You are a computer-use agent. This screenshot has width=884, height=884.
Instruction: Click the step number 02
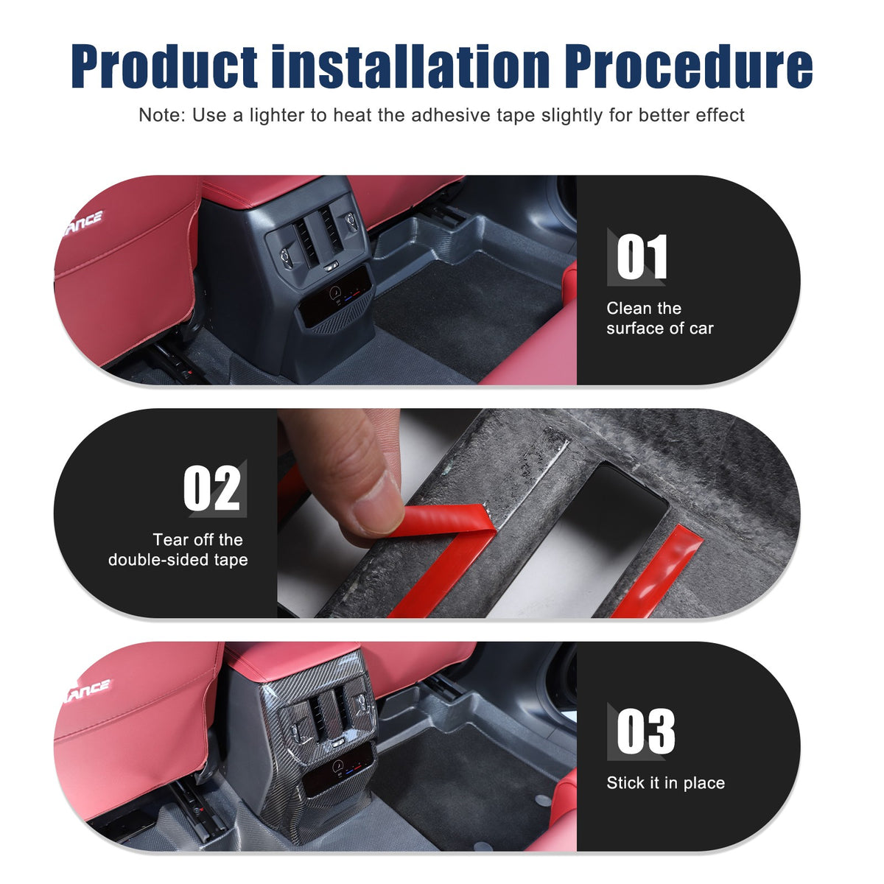211,488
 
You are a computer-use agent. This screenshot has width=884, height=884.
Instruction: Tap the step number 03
645,732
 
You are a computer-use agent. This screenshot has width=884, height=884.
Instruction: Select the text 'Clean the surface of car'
659,318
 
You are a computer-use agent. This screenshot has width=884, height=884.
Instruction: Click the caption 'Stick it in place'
665,782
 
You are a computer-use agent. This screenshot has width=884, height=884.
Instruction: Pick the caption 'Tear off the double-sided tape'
178,550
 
